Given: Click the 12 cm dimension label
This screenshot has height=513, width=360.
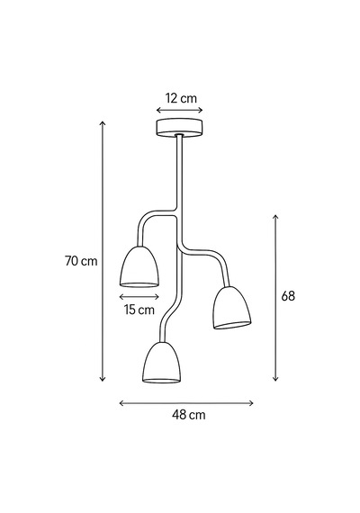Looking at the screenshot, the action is tap(181, 98).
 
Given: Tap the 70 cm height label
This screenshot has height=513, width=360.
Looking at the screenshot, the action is tap(81, 261).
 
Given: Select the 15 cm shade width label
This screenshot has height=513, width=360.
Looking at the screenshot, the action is tap(139, 310).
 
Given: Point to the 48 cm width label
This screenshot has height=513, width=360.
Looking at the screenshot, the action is tap(189, 415).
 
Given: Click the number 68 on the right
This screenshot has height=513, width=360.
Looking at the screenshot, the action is tap(288, 296).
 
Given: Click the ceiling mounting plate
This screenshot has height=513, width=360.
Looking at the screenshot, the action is tap(179, 128).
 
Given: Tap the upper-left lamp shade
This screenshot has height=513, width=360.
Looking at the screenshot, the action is tap(139, 266).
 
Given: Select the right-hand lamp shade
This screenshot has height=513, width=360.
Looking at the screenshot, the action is tap(232, 308).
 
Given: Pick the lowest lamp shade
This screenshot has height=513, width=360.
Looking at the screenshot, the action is tap(162, 363).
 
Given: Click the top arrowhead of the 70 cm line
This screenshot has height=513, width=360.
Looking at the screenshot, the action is tap(103, 122).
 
